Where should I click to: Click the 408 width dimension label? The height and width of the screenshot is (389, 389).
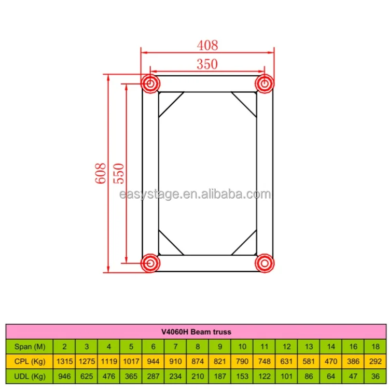click(207, 46)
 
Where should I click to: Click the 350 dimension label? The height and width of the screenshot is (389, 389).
click(207, 64)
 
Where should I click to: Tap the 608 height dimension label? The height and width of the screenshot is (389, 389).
click(101, 173)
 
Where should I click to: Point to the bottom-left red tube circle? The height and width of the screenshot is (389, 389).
click(150, 262)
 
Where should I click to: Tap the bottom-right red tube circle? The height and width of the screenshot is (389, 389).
click(264, 262)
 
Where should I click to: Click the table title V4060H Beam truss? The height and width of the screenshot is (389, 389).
click(196, 331)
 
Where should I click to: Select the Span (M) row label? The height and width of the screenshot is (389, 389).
click(30, 346)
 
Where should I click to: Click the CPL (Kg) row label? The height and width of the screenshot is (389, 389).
click(30, 361)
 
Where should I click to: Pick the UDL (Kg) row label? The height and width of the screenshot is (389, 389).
click(30, 375)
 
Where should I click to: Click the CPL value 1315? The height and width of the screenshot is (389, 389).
click(64, 361)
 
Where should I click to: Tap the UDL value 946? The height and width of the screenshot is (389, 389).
click(64, 375)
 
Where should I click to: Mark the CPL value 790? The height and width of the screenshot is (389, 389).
click(242, 361)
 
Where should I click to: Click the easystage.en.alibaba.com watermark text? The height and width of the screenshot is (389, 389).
click(195, 195)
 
